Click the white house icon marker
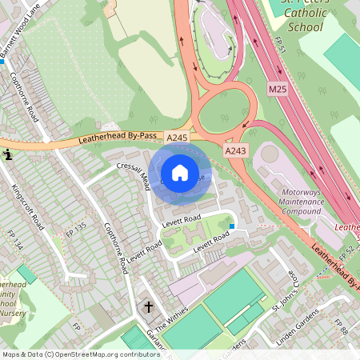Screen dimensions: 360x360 pos(180,172)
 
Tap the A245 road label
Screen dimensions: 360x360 pos(178,138)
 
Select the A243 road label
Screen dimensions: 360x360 pos(235,150)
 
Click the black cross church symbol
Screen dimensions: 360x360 pos(148,306)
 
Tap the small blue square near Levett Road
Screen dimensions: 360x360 pos(232,226)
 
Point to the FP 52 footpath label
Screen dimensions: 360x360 pos(346,254)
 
